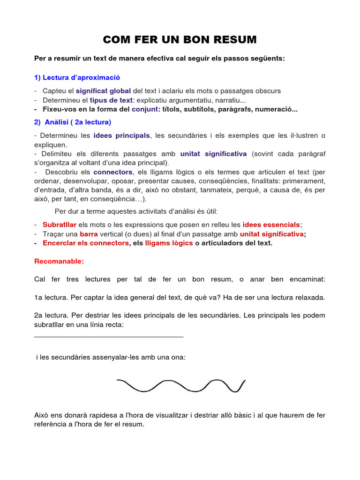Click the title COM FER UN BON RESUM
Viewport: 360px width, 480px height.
click(x=180, y=40)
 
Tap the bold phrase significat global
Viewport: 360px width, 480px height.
click(x=103, y=91)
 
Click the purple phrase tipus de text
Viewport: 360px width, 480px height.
click(x=112, y=100)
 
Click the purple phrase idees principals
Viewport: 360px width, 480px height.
click(x=122, y=136)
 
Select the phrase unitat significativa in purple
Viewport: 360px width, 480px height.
click(x=213, y=154)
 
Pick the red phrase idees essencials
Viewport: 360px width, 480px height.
click(x=271, y=225)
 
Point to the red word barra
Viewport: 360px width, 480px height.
click(x=89, y=234)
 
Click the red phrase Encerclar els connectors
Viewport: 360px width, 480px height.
click(x=85, y=243)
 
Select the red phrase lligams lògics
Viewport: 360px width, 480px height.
click(x=169, y=243)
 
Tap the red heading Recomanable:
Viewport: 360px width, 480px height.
click(x=59, y=261)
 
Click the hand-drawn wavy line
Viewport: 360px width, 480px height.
click(x=181, y=385)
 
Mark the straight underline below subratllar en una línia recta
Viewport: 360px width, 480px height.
click(x=109, y=336)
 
